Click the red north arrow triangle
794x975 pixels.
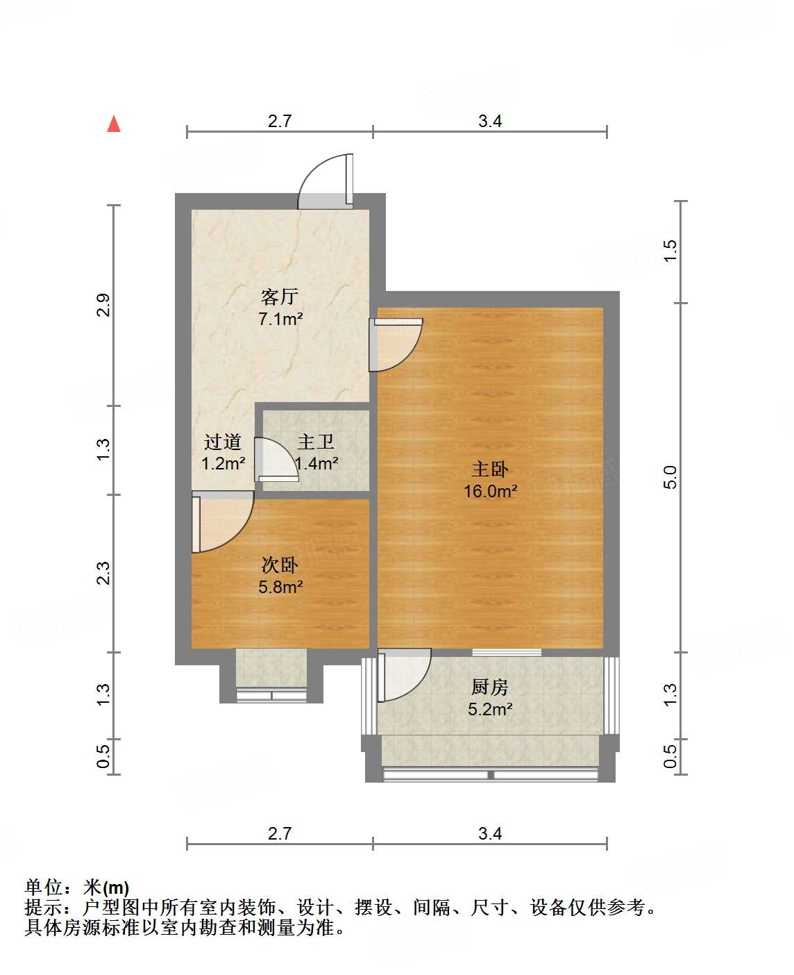(x=114, y=124)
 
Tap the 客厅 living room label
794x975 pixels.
(x=280, y=297)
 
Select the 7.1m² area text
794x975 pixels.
(x=280, y=319)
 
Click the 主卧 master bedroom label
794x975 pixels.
(x=490, y=469)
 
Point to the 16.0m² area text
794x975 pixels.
(x=490, y=492)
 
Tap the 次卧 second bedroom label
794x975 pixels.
(x=280, y=565)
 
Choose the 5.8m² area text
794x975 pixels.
(x=280, y=587)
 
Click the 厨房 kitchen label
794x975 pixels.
(x=490, y=687)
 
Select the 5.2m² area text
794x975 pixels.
(x=490, y=709)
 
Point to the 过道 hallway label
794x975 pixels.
(x=223, y=442)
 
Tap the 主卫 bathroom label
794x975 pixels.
(x=316, y=442)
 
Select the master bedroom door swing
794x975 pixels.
(x=396, y=344)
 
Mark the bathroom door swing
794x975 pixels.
(x=276, y=459)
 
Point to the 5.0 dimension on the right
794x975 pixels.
(x=670, y=477)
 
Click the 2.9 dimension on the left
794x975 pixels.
(x=103, y=306)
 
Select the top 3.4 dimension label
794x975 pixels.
(x=490, y=121)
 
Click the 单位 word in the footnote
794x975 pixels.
(x=44, y=887)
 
